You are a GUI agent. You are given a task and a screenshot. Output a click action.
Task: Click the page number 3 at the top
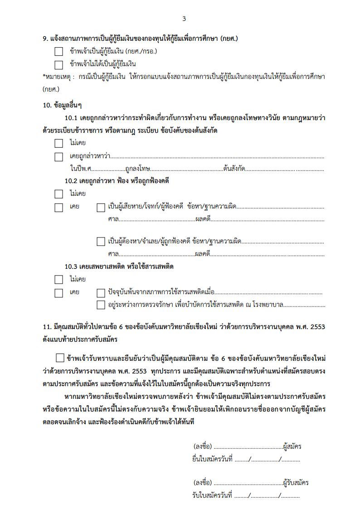184,19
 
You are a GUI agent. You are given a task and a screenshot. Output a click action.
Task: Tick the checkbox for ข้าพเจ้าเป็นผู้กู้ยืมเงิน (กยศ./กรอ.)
59,52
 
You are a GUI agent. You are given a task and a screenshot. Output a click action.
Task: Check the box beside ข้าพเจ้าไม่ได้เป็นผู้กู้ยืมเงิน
59,64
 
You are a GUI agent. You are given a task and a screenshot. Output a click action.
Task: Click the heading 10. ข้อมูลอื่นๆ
62,105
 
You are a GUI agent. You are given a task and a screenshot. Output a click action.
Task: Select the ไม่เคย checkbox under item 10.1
59,144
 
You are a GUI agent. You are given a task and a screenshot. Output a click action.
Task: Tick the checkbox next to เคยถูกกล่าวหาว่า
59,157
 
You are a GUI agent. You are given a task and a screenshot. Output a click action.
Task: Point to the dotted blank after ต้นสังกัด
284,169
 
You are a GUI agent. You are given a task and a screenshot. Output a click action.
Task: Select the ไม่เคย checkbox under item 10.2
59,194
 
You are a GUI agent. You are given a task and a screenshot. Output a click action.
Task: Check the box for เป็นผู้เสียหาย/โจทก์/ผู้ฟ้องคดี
101,208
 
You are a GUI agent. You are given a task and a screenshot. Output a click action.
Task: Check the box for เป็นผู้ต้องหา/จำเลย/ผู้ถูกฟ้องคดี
101,242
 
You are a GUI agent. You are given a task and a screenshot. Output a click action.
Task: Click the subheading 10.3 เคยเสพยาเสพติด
119,267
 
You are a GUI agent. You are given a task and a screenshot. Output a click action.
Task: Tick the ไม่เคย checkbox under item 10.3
59,280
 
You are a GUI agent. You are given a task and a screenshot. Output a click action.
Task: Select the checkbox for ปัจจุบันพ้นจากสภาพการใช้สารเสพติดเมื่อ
101,293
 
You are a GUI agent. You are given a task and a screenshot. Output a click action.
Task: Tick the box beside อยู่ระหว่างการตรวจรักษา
101,305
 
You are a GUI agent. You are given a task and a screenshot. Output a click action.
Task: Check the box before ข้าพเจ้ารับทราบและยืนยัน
60,358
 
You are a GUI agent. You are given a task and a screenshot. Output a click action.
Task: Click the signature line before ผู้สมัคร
247,447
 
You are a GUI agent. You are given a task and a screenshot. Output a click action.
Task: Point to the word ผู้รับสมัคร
296,483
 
